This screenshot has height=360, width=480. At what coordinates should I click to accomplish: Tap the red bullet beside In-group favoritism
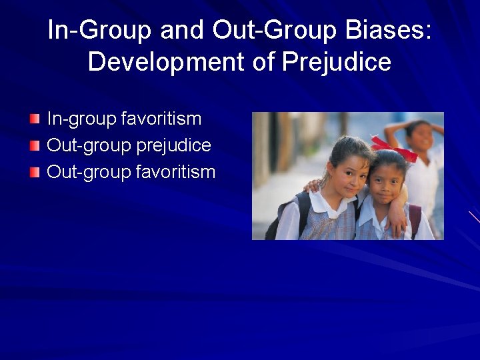pos(35,119)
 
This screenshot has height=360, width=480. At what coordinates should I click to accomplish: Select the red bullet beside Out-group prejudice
pos(35,145)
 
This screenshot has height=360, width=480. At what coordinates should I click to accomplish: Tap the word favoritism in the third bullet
pos(175,173)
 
